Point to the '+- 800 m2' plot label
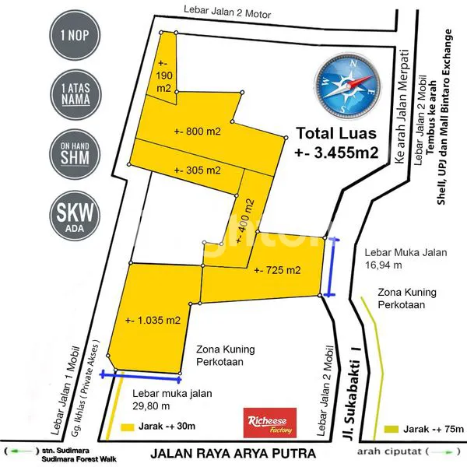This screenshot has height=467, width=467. [x=198, y=132]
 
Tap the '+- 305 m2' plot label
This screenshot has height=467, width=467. [x=198, y=170]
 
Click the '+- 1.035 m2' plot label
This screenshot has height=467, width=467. [x=153, y=320]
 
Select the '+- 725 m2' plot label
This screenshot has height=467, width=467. [x=277, y=271]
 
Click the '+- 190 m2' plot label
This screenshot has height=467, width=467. [x=164, y=76]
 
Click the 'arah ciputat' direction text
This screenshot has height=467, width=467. [x=388, y=451]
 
